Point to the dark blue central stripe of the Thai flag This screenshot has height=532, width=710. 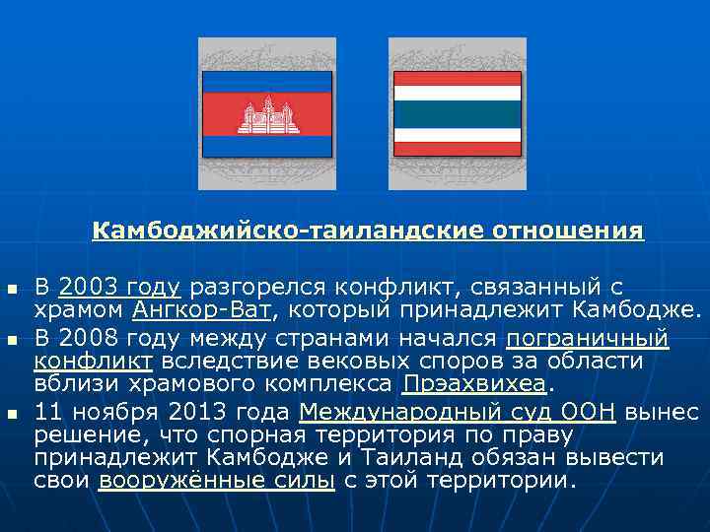pos(457,114)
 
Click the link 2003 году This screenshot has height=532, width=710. pos(119,288)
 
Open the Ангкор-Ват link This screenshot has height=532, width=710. pos(202,312)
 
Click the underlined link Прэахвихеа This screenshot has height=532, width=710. pos(472,383)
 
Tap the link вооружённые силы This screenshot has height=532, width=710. pos(216,482)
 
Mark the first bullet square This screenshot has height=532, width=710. pos(12,290)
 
